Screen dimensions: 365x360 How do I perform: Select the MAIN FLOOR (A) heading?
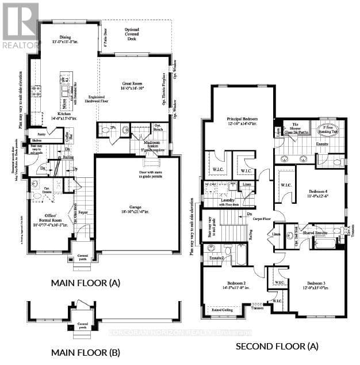(x=85, y=283)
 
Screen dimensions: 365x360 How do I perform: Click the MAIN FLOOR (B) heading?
(x=85, y=352)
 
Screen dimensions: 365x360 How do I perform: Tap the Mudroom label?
(x=152, y=142)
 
